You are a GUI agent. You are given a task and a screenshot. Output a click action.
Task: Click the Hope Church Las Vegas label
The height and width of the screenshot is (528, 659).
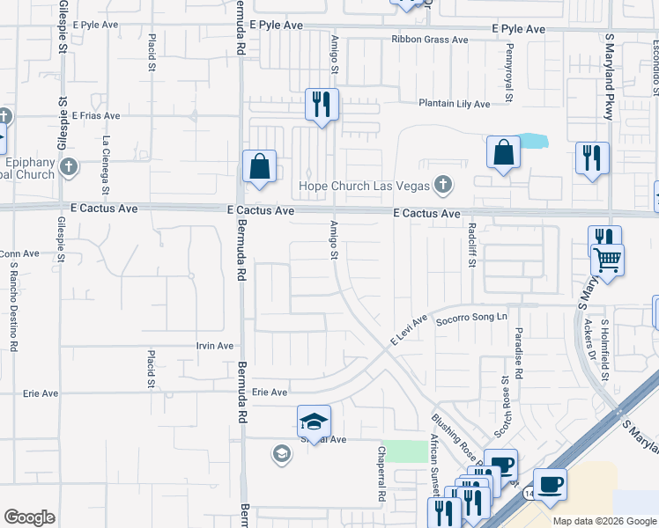click(x=364, y=186)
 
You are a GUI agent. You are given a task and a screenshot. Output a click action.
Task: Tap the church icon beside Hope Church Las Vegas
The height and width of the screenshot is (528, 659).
click(x=442, y=185)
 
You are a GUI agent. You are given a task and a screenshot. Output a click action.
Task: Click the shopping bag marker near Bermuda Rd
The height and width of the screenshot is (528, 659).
click(x=260, y=167)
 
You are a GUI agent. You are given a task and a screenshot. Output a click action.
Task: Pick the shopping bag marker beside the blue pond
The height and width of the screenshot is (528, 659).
click(x=503, y=153)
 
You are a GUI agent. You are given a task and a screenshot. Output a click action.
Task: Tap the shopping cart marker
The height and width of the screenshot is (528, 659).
click(x=607, y=260)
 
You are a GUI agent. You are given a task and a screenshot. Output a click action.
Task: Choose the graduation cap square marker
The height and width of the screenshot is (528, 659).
click(x=314, y=423)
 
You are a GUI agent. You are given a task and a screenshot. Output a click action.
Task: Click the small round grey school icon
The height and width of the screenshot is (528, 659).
click(x=282, y=454)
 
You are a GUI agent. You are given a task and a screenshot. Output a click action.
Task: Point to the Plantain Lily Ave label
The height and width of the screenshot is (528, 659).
click(x=454, y=104)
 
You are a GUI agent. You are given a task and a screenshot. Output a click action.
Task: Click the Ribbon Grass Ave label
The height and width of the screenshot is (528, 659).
click(x=430, y=40)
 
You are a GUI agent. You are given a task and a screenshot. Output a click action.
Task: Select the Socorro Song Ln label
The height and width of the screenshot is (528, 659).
click(x=472, y=317)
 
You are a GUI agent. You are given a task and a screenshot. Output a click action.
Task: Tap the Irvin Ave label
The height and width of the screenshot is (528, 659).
click(x=215, y=347)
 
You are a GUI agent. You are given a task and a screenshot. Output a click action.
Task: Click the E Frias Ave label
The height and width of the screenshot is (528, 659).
click(x=96, y=116)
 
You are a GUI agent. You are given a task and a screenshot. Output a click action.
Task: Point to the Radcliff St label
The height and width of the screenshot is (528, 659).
click(x=472, y=250)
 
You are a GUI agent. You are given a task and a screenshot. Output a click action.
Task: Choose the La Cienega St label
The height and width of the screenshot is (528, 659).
click(x=106, y=165)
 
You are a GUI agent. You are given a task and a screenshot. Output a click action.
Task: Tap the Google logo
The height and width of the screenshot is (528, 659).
click(x=30, y=517)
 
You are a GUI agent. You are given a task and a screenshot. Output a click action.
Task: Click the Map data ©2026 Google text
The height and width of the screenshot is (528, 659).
click(x=604, y=521)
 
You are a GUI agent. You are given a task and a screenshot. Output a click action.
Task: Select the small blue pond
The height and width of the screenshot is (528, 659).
click(x=531, y=141)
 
